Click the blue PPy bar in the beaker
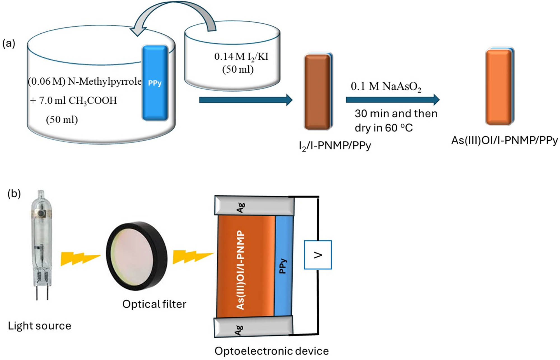coord(155,83)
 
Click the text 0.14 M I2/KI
coord(241,57)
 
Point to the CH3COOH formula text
coord(93,101)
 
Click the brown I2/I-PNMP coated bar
coord(317,92)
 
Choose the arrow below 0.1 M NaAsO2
coord(392,100)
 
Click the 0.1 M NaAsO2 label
coord(386,86)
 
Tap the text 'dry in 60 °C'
coord(383,128)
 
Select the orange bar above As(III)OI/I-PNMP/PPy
coord(499,87)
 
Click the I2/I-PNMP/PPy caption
coord(335,146)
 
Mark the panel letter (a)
coord(9,43)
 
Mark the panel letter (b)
coord(14,193)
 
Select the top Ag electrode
coord(254,205)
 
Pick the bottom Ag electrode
coord(253,327)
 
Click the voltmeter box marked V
coord(318,255)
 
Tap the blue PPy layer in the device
coord(283,266)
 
